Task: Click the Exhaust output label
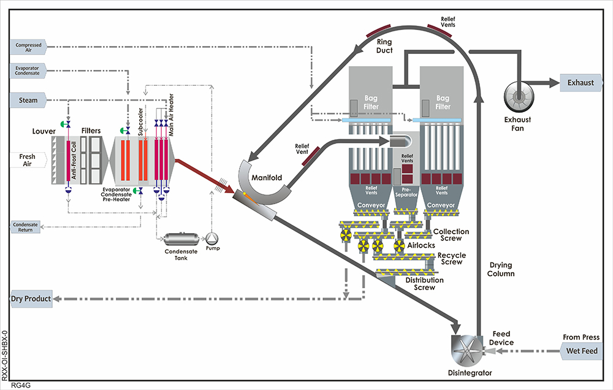(x=581, y=82)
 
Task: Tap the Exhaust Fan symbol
(x=519, y=96)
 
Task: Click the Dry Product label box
(x=31, y=299)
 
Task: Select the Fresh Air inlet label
(x=27, y=160)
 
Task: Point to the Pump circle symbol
(x=212, y=239)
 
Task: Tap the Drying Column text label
(x=502, y=269)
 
